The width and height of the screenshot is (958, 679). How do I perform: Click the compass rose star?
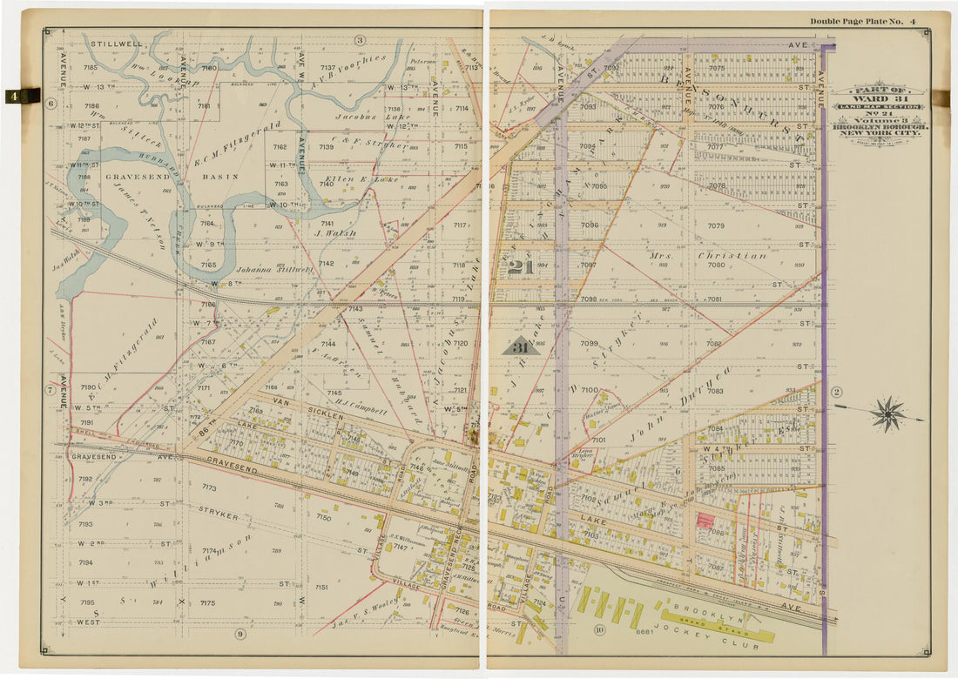(x=887, y=413)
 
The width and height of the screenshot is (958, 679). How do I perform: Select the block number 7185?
(x=91, y=67)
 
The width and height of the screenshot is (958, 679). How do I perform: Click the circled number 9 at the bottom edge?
(x=239, y=657)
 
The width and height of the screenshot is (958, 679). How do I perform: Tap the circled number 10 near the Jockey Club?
(x=599, y=629)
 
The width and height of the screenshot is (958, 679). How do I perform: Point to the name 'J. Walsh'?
(x=332, y=232)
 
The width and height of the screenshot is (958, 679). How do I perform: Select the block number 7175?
(x=207, y=602)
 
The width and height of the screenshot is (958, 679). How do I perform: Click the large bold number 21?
(x=520, y=267)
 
